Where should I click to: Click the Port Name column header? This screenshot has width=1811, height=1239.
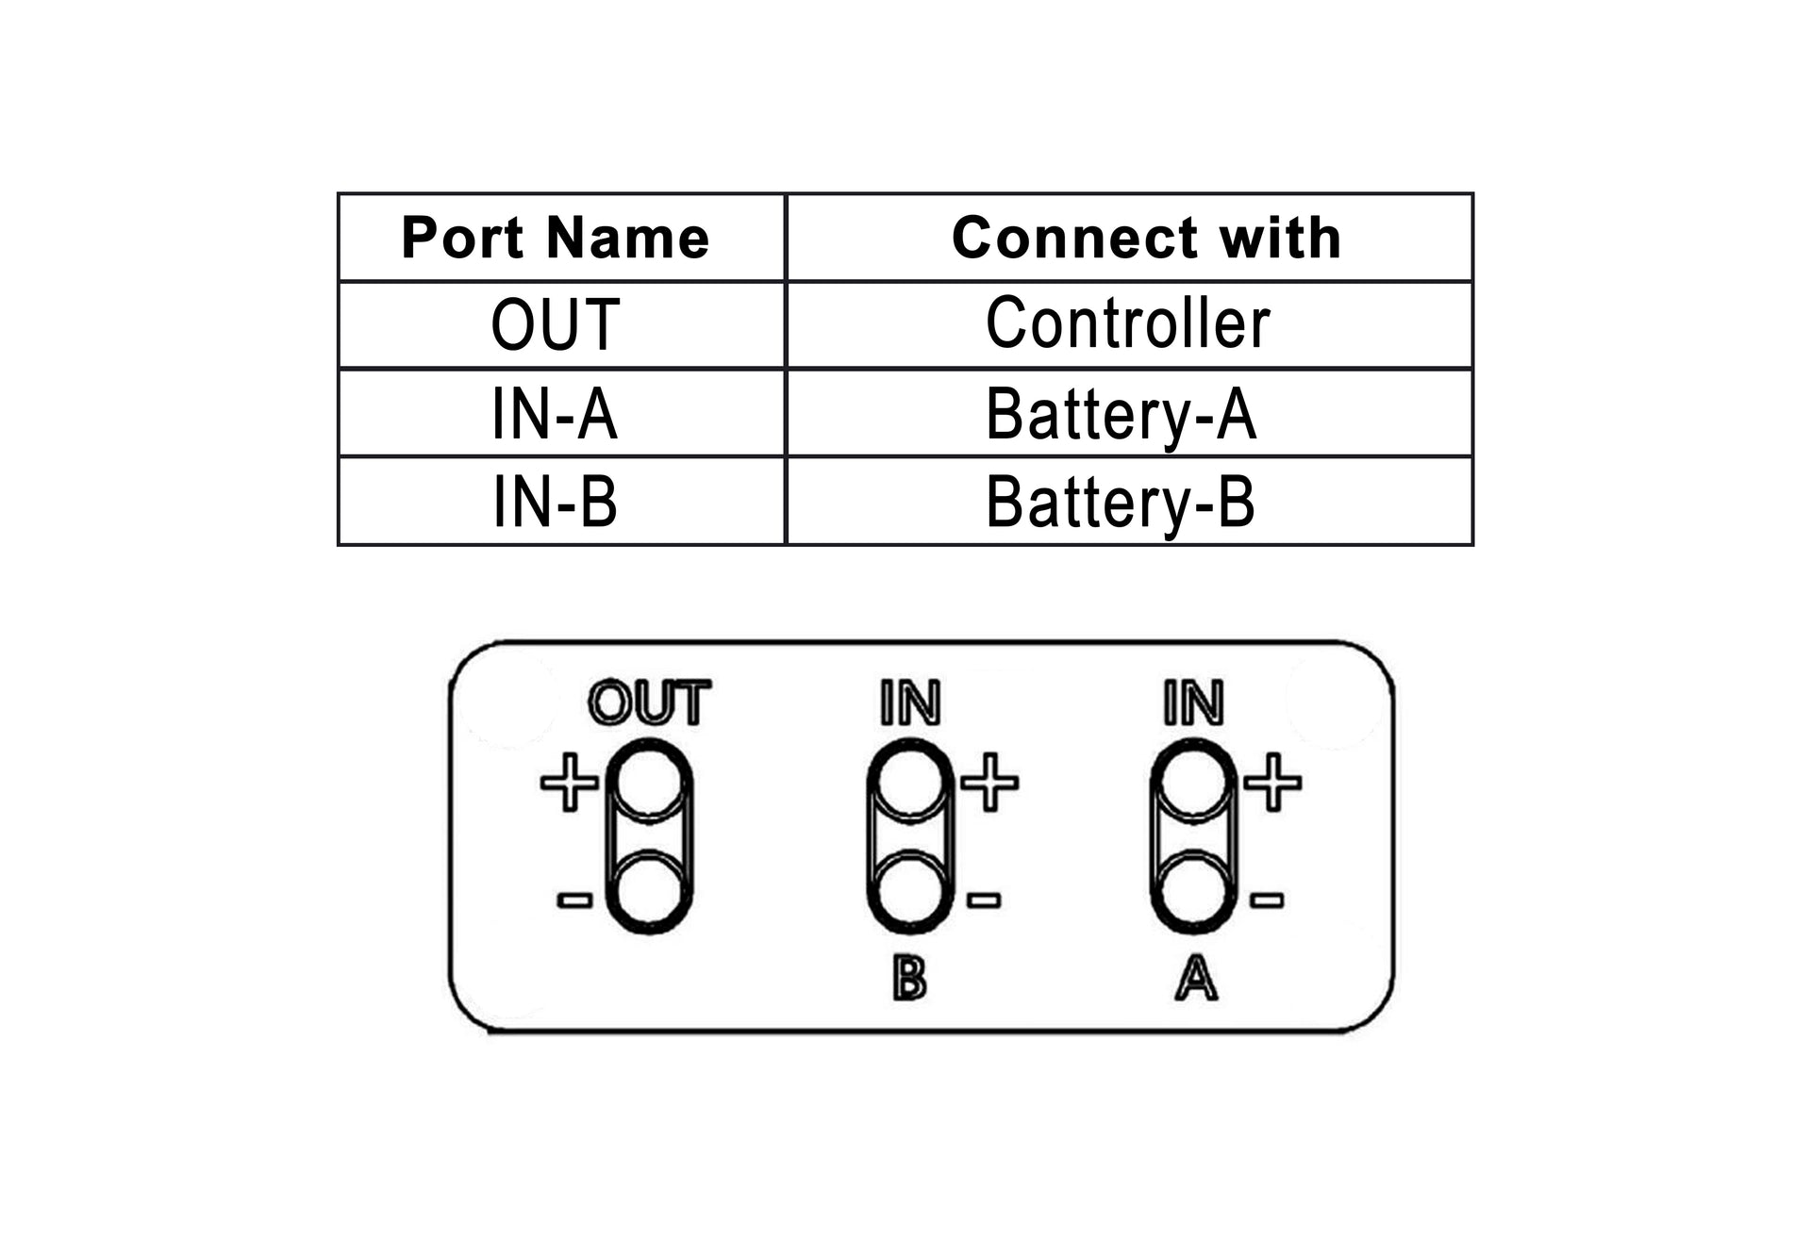555,238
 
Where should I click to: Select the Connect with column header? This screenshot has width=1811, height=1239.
1146,238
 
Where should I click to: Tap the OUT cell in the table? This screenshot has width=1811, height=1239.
555,324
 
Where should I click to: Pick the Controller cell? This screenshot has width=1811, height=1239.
1128,323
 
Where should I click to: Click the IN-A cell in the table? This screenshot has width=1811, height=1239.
555,413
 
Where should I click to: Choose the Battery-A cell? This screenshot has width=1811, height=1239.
1121,413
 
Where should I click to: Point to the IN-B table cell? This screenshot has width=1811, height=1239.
555,502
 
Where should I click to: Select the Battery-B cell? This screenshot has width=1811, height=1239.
1121,502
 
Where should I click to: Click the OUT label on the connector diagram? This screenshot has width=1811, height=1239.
649,703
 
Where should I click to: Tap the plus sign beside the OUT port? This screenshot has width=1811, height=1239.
569,782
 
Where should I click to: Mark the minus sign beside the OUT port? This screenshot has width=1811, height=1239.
574,900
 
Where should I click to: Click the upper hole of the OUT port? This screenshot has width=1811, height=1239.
649,782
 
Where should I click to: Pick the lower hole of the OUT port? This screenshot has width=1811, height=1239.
649,891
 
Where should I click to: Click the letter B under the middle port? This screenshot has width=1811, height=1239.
909,979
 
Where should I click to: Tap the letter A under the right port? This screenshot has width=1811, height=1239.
1196,979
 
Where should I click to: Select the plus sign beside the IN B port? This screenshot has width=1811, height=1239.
989,782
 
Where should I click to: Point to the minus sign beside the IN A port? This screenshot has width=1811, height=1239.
1267,900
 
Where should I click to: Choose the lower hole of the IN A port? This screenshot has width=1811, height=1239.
1193,891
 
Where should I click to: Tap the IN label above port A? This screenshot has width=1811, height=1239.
1193,703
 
